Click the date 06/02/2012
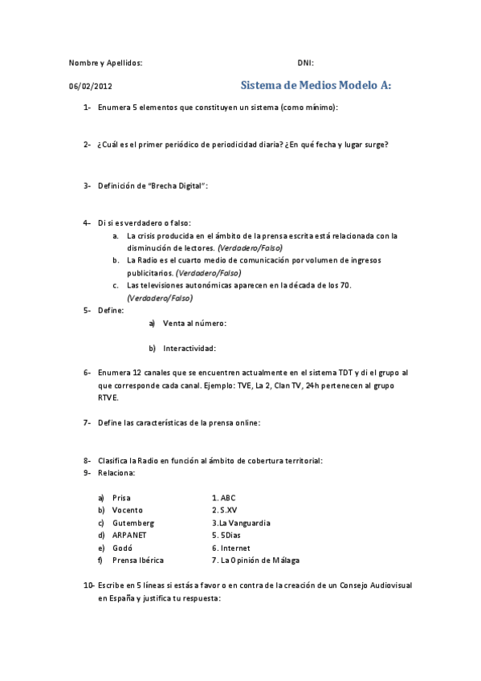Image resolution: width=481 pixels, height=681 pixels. pos(91,86)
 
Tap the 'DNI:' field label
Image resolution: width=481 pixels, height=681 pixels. pos(305,63)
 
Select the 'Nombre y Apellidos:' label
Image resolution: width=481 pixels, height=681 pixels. pos(105,63)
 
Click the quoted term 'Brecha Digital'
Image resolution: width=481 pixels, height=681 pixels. pos(177,186)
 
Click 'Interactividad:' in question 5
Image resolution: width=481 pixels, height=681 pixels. pos(190,349)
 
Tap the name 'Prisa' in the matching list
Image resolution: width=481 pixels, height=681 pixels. pos(121,498)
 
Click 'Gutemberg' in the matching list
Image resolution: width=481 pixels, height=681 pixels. pos(132,523)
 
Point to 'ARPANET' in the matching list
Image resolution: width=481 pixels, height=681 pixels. pos(130,535)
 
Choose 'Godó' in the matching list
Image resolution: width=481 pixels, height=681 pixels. pos(122,548)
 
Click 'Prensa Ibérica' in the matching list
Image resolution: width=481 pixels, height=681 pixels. pos(139,560)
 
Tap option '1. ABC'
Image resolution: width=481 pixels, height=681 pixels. pos(224,498)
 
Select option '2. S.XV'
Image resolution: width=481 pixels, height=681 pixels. pos(225,510)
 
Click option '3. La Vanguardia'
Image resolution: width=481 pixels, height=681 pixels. pos(241,523)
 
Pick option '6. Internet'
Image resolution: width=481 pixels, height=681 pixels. pos(231,548)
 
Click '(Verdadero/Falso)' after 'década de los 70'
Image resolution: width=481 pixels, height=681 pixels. pos(159,297)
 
